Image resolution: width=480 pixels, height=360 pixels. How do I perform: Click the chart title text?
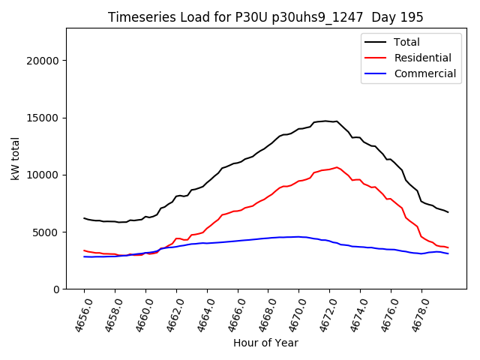tap(265, 17)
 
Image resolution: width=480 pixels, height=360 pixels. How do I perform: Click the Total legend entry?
tap(407, 42)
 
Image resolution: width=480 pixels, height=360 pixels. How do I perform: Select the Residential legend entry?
tap(422, 58)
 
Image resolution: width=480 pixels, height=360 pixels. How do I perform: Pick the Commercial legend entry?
tap(424, 73)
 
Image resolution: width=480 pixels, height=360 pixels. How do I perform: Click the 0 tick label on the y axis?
tap(56, 289)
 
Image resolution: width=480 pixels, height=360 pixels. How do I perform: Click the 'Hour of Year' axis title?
tap(265, 343)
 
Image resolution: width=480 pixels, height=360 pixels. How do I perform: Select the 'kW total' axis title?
tap(16, 158)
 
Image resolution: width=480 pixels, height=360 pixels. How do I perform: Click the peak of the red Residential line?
tap(337, 167)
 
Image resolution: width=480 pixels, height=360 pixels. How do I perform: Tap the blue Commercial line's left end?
tap(84, 256)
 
